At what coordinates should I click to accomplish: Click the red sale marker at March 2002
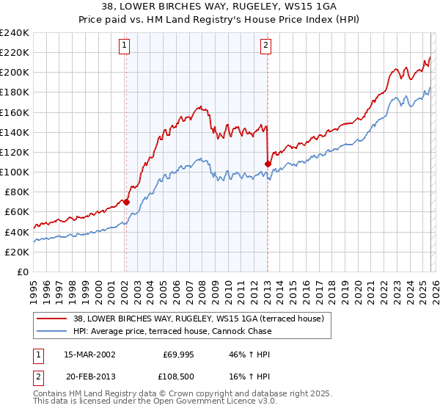click(126, 202)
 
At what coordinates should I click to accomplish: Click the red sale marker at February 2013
click(268, 163)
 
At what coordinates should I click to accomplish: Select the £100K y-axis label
click(15, 172)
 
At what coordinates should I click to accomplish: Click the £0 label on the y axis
click(22, 272)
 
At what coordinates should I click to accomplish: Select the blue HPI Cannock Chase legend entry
click(172, 331)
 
